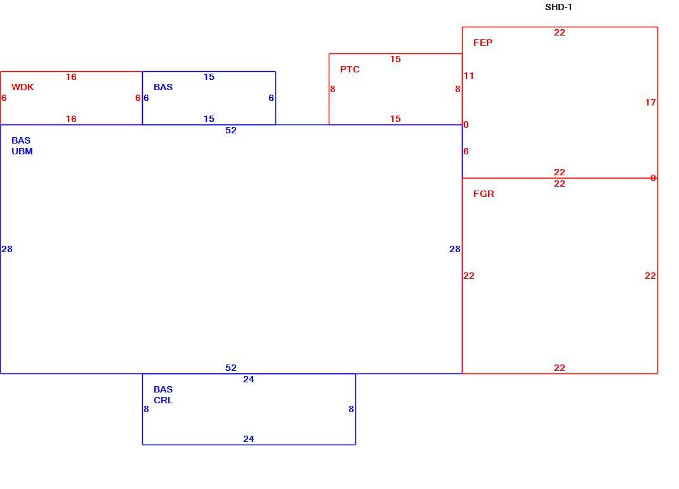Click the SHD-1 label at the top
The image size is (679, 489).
(558, 8)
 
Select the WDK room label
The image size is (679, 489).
(22, 87)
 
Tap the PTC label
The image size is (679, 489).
(350, 69)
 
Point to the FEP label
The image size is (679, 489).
(482, 43)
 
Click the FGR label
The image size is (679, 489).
(484, 194)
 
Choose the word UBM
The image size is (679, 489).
(22, 151)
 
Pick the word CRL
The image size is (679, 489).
(163, 400)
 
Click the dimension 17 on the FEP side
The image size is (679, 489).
(650, 102)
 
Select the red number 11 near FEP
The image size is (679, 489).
(469, 76)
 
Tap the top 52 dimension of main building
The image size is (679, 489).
(231, 130)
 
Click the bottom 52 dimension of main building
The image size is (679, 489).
(231, 368)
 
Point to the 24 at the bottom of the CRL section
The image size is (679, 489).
(249, 439)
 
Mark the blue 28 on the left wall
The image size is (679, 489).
(7, 250)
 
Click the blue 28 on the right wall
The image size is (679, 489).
(455, 250)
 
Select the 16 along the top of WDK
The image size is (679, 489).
(71, 77)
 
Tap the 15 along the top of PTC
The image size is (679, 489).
(395, 60)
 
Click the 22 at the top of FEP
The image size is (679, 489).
(560, 32)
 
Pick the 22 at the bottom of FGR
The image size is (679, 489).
(560, 368)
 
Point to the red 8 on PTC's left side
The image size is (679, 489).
(333, 90)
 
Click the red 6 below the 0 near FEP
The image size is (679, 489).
(466, 151)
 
